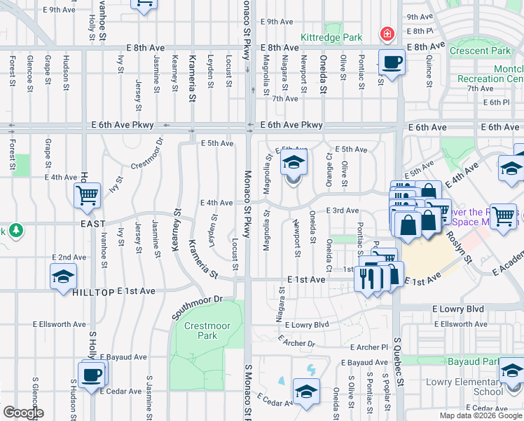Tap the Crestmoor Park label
(201, 330)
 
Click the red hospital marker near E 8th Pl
(385, 34)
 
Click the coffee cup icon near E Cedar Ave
(91, 374)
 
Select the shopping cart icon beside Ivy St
(88, 196)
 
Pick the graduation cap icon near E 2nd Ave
(63, 276)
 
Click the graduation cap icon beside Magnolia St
(294, 164)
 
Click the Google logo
(23, 413)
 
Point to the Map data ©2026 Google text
(480, 415)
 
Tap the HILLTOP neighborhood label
(92, 290)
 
